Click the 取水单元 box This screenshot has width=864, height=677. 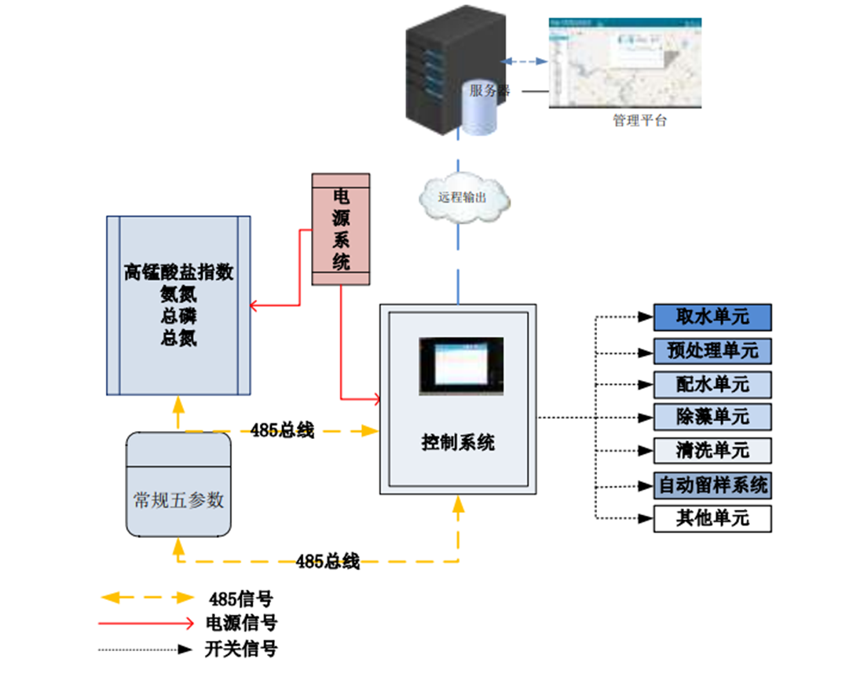pyautogui.click(x=712, y=317)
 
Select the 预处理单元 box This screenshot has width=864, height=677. pyautogui.click(x=712, y=350)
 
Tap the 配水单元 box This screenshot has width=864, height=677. pyautogui.click(x=712, y=384)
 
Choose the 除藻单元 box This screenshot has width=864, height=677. pyautogui.click(x=712, y=416)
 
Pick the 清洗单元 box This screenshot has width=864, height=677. pyautogui.click(x=712, y=450)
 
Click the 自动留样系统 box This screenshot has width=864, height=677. pyautogui.click(x=712, y=485)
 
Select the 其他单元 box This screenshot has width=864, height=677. pyautogui.click(x=712, y=518)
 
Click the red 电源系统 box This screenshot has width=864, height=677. pyautogui.click(x=341, y=229)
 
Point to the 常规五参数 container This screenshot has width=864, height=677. pyautogui.click(x=179, y=485)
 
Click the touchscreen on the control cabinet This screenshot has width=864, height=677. pyautogui.click(x=461, y=364)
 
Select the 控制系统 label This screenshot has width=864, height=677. pyautogui.click(x=459, y=442)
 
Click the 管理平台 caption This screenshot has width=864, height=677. pyautogui.click(x=639, y=121)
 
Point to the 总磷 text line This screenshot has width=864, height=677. pyautogui.click(x=178, y=317)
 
